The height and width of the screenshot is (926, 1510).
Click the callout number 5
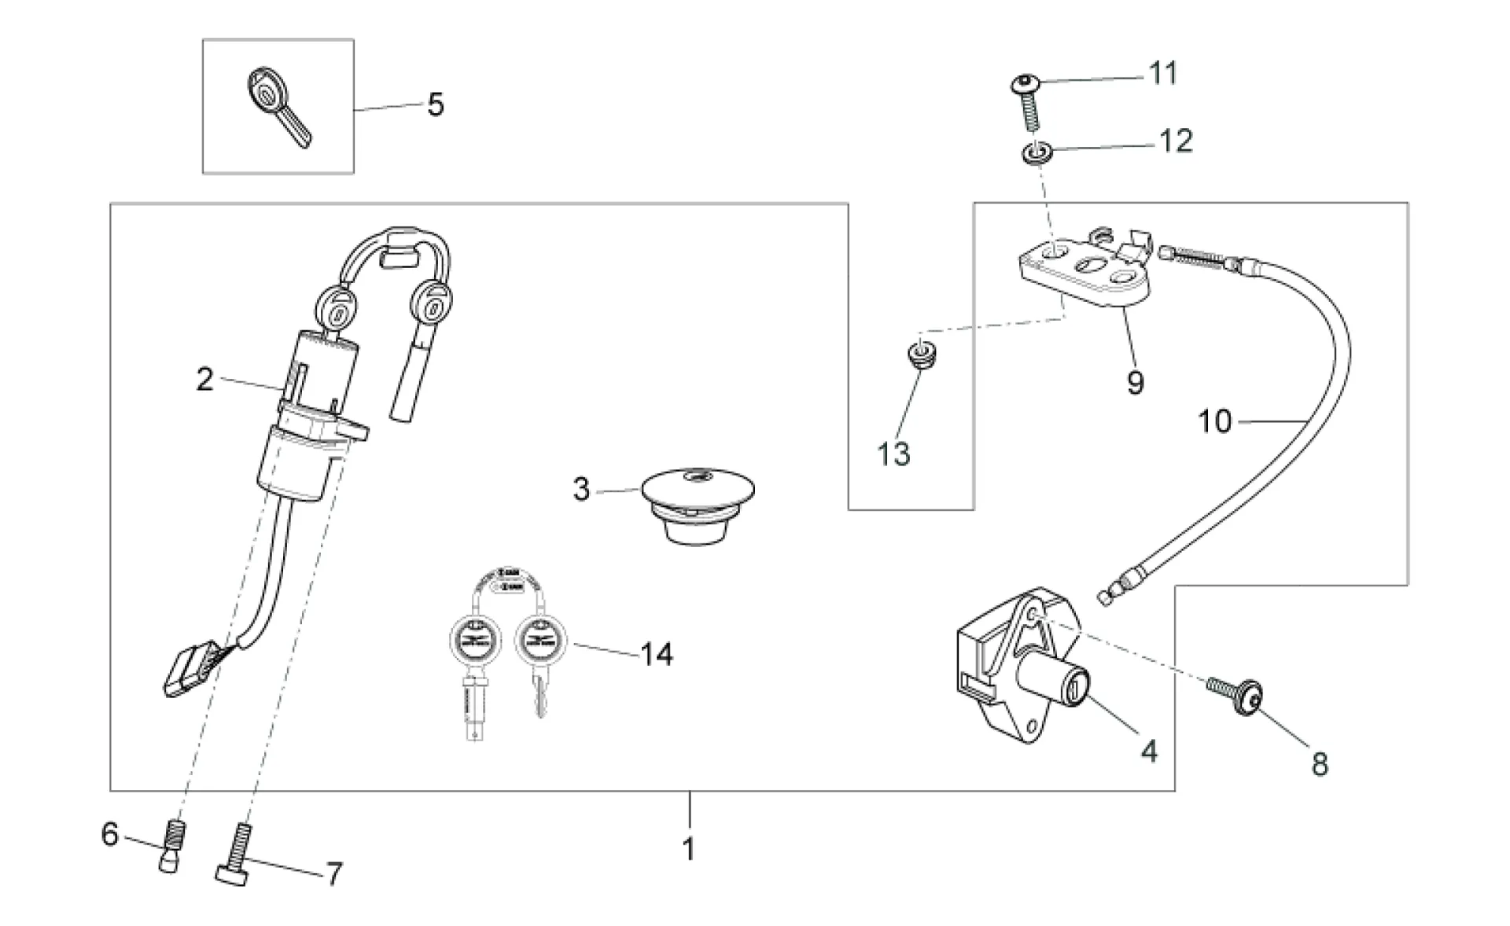pos(436,105)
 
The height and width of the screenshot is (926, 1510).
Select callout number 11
pos(1163,73)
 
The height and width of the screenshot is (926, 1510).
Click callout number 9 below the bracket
pos(1135,383)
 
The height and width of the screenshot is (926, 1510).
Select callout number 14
pos(657,654)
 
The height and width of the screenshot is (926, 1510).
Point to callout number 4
pos(1149,751)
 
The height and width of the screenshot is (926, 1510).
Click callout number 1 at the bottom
pos(689,849)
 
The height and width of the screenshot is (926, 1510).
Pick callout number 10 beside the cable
pos(1214,421)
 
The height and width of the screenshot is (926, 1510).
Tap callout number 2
pos(204,380)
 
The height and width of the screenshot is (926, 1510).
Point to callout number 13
pos(893,454)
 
